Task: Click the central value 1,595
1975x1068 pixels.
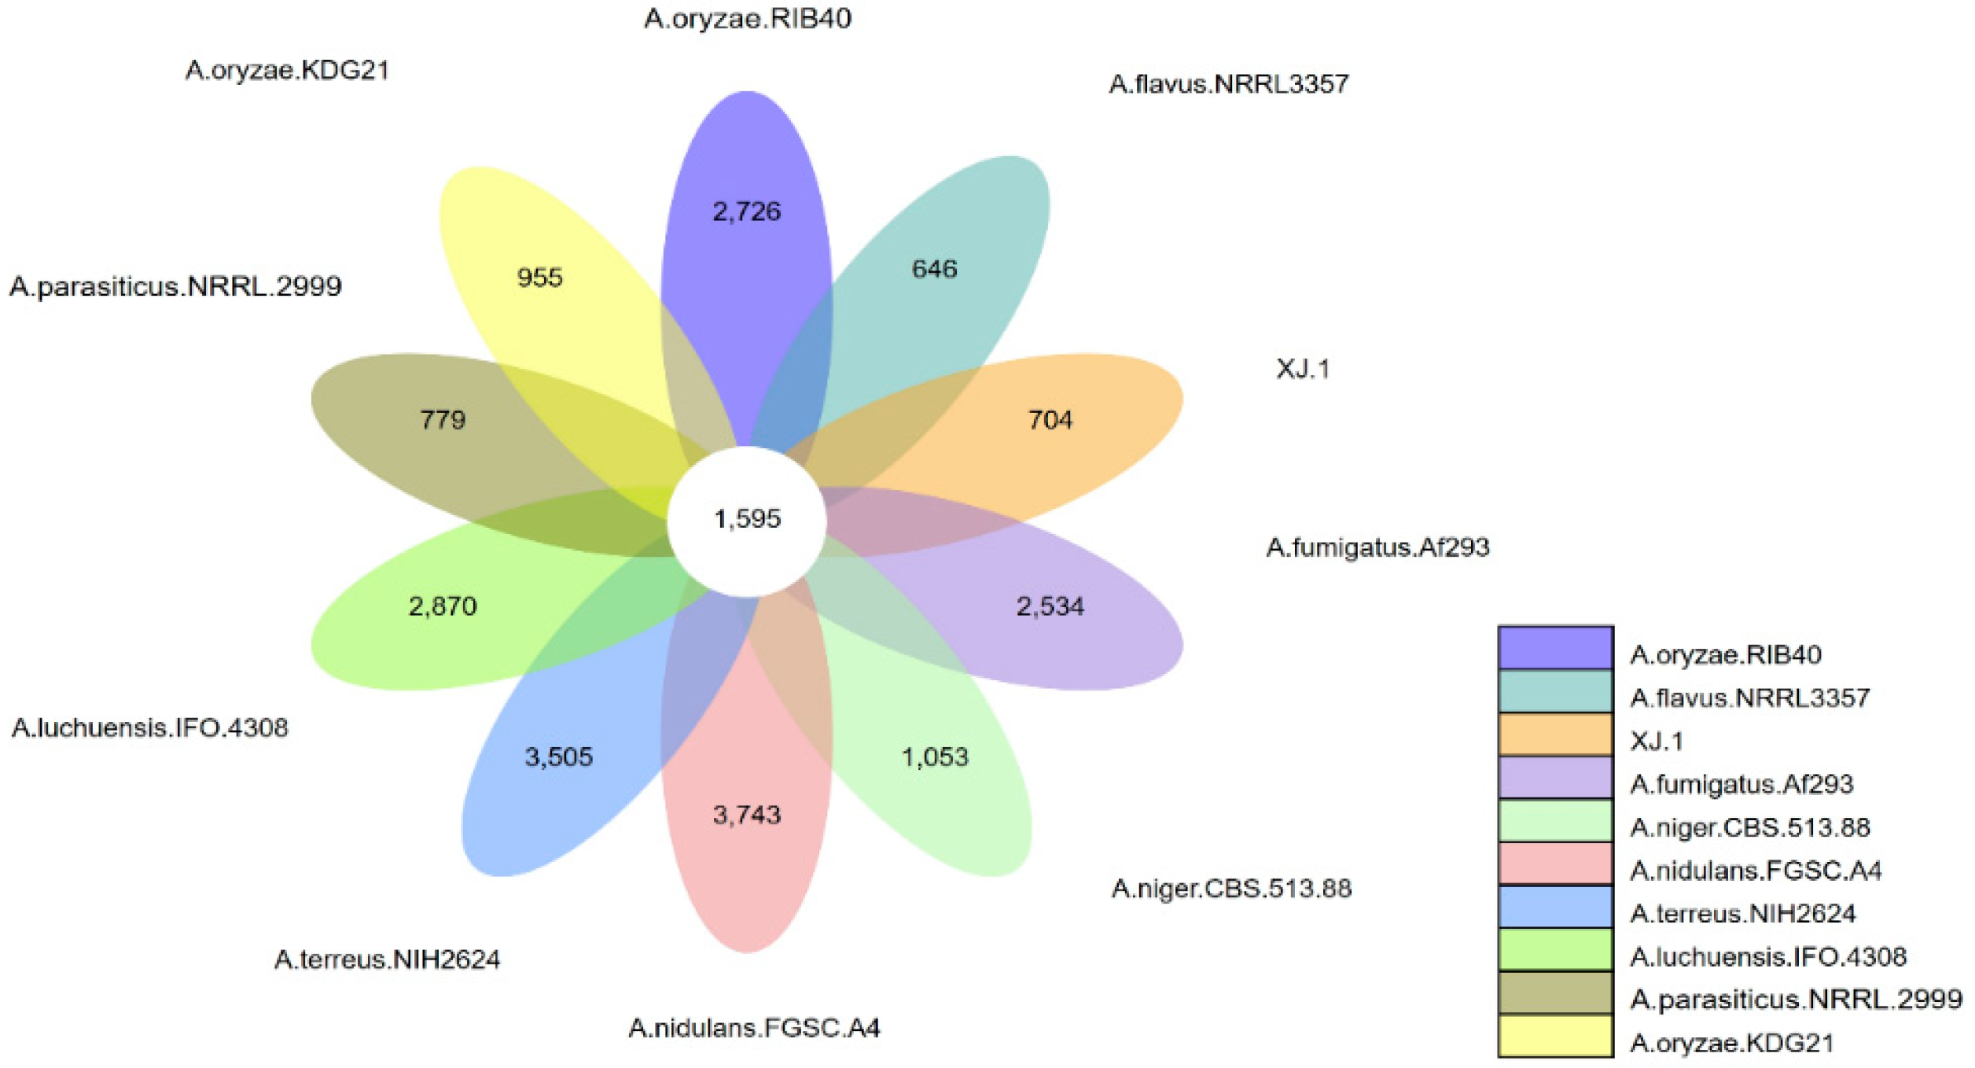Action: click(747, 519)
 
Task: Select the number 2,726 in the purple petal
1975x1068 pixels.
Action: click(747, 212)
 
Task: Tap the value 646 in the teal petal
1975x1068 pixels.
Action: click(934, 270)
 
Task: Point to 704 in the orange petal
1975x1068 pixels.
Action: click(1050, 420)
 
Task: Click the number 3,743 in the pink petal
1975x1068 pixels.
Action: click(747, 815)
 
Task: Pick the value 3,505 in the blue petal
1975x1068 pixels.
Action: click(558, 757)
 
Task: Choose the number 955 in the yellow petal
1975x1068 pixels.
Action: click(539, 278)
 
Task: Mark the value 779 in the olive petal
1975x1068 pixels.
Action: click(443, 420)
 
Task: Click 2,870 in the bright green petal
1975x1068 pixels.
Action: click(443, 606)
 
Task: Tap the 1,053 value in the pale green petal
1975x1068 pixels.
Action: click(934, 757)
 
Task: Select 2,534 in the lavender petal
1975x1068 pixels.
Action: click(1050, 606)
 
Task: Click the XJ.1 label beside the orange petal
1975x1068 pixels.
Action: click(1303, 369)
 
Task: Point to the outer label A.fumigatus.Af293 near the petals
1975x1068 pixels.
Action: click(1377, 547)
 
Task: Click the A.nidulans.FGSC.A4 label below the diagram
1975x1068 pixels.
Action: click(754, 1028)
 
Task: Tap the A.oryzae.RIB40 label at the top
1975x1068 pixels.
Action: click(747, 18)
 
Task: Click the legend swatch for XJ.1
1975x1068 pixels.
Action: click(1555, 734)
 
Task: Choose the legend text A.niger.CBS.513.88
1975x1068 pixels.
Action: click(1749, 827)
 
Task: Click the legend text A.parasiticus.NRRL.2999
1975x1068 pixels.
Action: click(1796, 1000)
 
